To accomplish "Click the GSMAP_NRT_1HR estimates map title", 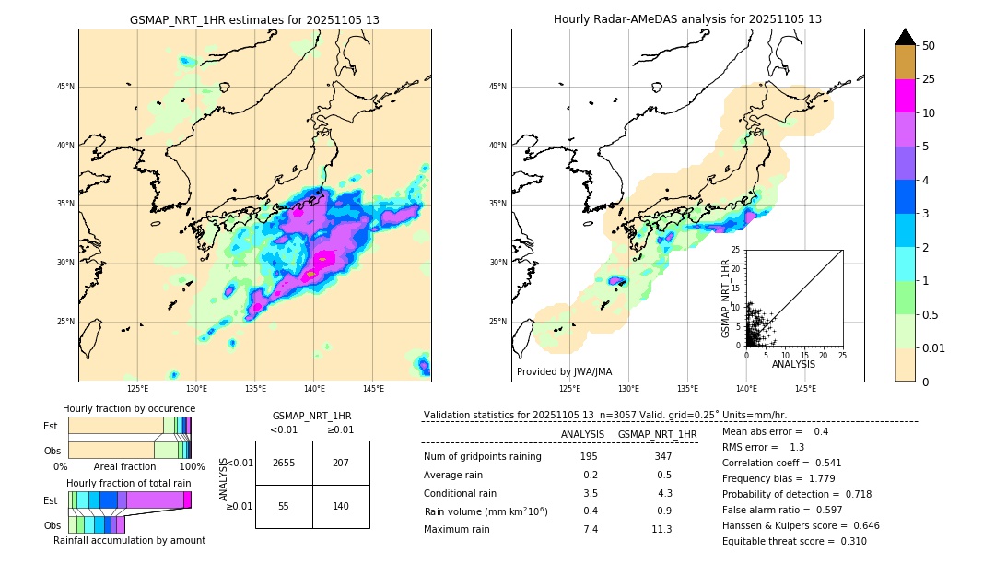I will click(254, 19).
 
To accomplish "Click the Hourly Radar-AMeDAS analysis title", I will click(687, 19).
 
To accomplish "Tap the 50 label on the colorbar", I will click(929, 46).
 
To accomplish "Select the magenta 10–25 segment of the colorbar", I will click(905, 96).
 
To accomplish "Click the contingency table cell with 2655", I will click(284, 463).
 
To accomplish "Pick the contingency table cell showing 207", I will click(341, 463).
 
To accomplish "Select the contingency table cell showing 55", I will click(284, 506).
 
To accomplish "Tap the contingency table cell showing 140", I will click(341, 506).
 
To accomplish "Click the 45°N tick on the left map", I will click(65, 87).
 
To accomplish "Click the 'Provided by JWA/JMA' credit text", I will click(564, 372).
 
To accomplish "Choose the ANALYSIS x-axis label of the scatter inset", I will click(794, 365).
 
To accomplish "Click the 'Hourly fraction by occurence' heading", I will click(129, 408).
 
